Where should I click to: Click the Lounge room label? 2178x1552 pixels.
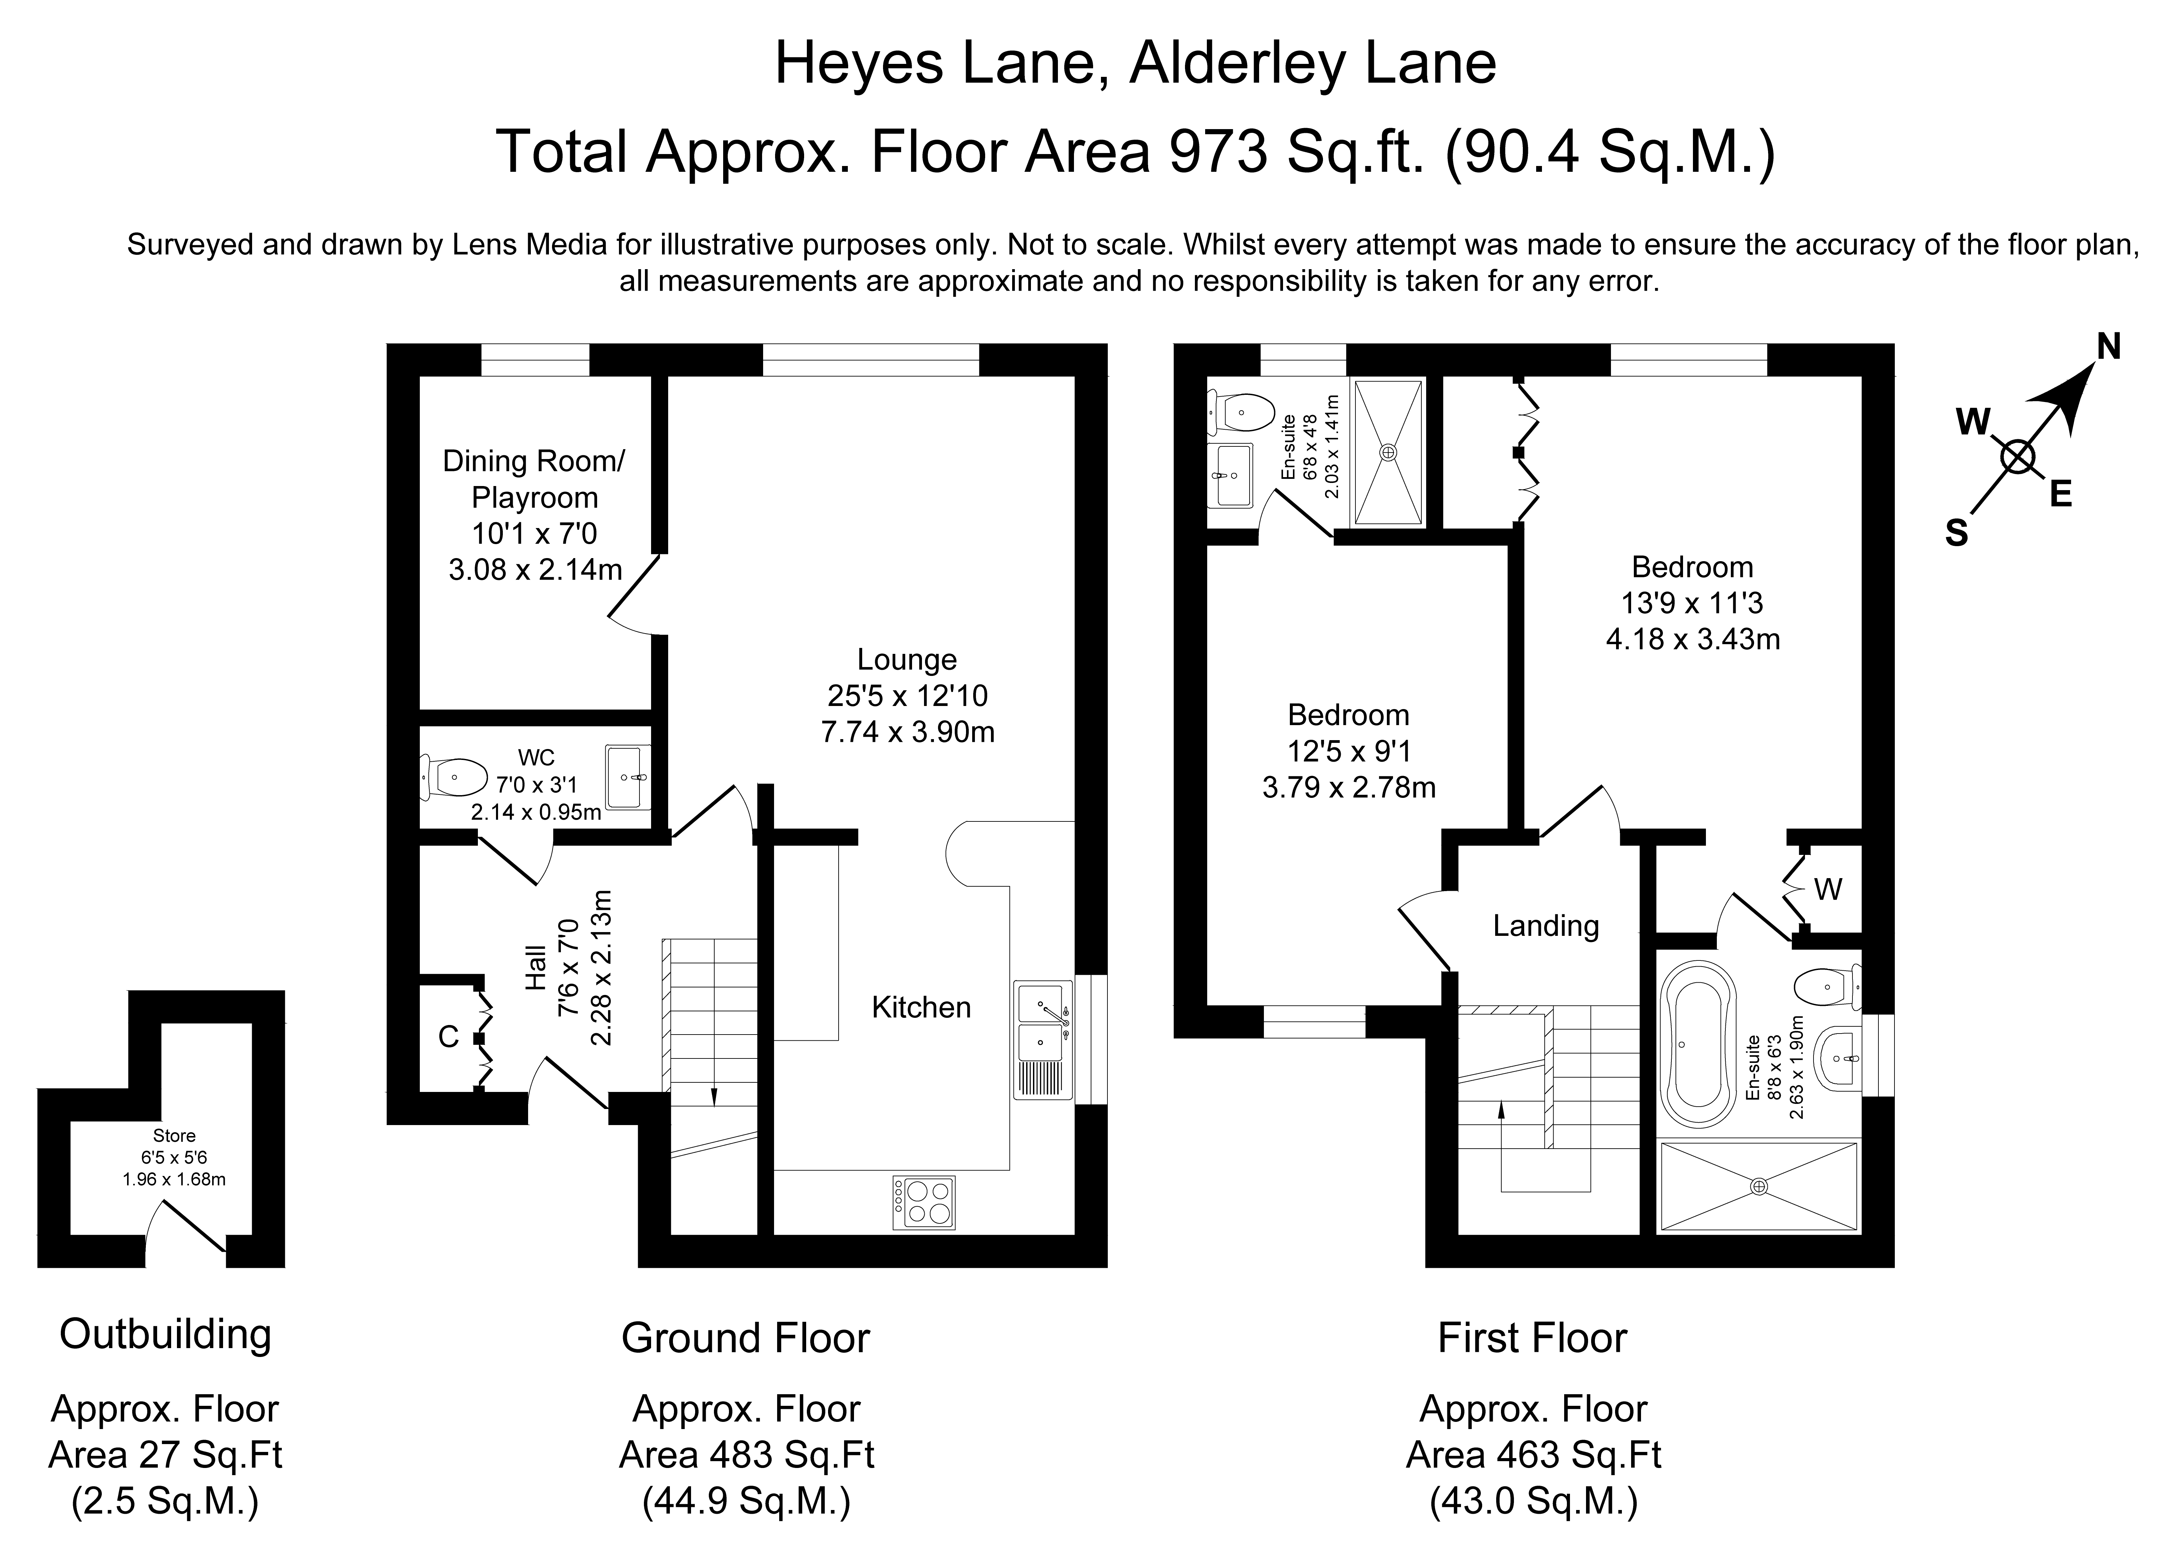(x=906, y=660)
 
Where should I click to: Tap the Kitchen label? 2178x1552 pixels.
(x=920, y=1007)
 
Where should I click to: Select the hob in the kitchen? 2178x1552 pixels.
(x=923, y=1202)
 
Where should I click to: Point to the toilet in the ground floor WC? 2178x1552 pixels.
(x=454, y=777)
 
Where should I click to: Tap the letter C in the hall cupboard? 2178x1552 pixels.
(x=448, y=1037)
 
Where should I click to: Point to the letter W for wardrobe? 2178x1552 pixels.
(x=1827, y=890)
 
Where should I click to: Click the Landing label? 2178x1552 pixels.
(x=1545, y=925)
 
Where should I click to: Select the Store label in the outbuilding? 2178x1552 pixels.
(x=174, y=1135)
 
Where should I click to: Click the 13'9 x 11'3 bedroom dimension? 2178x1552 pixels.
(x=1692, y=603)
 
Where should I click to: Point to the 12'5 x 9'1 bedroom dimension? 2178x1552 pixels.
(x=1348, y=751)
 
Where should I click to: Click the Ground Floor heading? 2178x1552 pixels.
(x=745, y=1338)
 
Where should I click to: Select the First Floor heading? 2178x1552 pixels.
(x=1532, y=1338)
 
